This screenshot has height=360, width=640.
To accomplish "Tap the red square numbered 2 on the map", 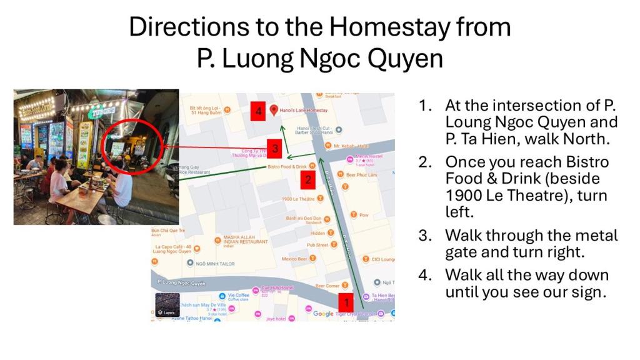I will (x=307, y=181).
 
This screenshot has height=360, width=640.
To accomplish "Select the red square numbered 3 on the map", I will (x=275, y=149).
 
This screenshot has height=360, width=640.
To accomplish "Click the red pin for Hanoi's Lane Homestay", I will (x=273, y=110).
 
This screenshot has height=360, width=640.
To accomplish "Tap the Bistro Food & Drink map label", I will (x=287, y=167).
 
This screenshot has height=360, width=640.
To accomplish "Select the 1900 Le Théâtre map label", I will (x=298, y=199).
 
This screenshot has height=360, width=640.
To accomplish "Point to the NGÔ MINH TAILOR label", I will (x=215, y=264).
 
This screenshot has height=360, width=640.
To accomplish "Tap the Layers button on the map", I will (x=167, y=305).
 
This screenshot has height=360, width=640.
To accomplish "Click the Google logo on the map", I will (x=323, y=314).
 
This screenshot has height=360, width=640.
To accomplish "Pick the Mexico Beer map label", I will (x=294, y=259).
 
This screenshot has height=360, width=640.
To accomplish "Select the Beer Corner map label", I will (x=327, y=286).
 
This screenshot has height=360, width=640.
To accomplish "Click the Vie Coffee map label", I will (x=238, y=295).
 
